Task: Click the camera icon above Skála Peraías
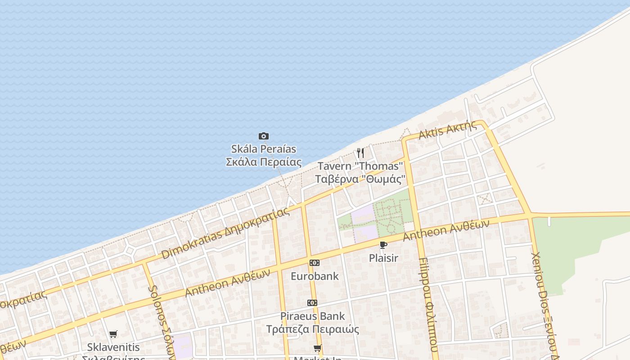click(x=264, y=136)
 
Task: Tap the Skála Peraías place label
click(x=264, y=155)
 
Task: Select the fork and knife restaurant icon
click(x=360, y=153)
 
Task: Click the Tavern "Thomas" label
click(x=360, y=172)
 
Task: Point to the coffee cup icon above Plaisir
click(x=383, y=245)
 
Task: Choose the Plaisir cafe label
click(x=383, y=258)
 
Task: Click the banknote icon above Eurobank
click(x=314, y=263)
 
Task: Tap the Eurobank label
click(x=315, y=276)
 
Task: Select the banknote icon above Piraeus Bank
click(x=312, y=303)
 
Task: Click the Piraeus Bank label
click(x=312, y=322)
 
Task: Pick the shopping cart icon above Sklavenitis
click(x=113, y=334)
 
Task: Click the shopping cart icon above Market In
click(x=318, y=348)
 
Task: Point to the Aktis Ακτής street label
click(x=447, y=130)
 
